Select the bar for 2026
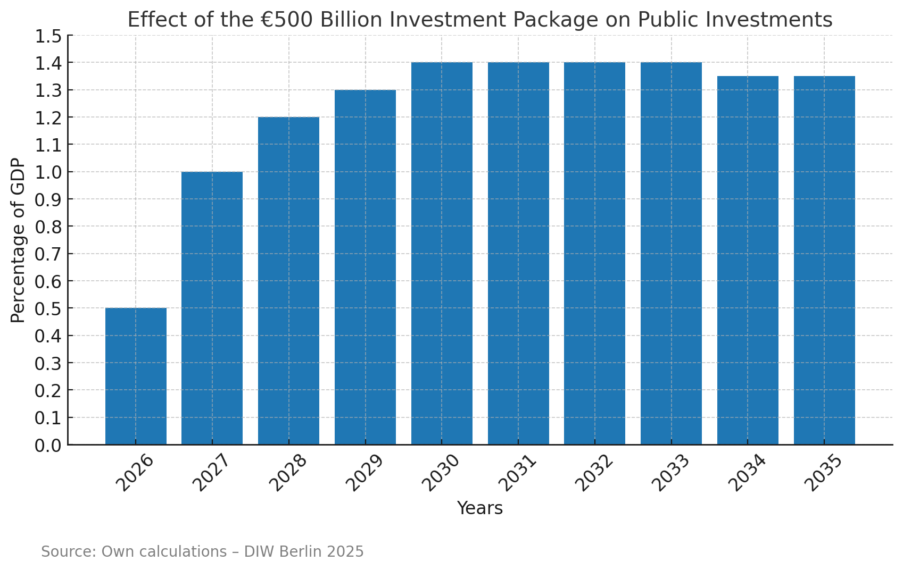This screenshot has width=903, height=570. tap(136, 376)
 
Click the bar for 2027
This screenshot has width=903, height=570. tap(212, 308)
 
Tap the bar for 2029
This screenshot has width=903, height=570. tap(365, 267)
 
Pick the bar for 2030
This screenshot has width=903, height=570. tap(442, 253)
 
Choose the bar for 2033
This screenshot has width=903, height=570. tap(671, 253)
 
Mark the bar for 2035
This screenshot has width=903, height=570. tap(824, 260)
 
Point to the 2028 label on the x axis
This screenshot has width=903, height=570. tap(288, 473)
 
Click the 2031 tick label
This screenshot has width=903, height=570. tap(517, 473)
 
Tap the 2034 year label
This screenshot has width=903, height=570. tap(747, 473)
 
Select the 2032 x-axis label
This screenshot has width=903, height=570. tap(594, 473)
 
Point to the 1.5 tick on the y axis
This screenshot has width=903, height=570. tap(48, 37)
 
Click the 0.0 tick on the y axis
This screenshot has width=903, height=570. tap(48, 446)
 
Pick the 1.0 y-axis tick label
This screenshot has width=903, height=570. tap(48, 173)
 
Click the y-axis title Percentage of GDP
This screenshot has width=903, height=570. tap(18, 240)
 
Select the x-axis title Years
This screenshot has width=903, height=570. tap(479, 508)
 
